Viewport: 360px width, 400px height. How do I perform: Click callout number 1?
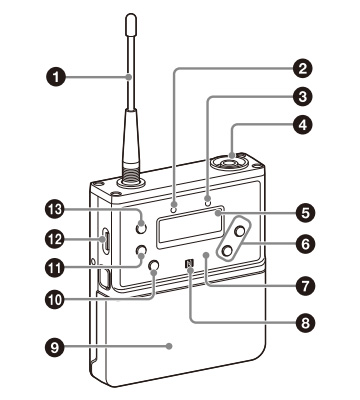tap(55, 77)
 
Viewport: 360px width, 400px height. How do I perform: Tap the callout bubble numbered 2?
tap(303, 69)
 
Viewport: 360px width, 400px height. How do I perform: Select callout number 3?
tap(303, 97)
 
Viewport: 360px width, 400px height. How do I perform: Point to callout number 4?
tap(303, 125)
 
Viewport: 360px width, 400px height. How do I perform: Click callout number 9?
tap(55, 347)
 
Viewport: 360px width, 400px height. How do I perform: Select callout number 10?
tap(55, 299)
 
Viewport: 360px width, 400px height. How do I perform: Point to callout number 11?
tap(55, 267)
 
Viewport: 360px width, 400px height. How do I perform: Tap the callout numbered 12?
tap(55, 239)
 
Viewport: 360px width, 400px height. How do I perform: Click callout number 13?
tap(55, 210)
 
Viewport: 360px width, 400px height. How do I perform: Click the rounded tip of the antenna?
tap(132, 19)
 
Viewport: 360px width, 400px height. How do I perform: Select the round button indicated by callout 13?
tap(141, 228)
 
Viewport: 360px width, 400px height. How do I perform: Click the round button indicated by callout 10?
tap(154, 265)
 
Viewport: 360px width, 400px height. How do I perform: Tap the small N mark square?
tap(189, 264)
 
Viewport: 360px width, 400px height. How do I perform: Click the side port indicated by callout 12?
tap(105, 239)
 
